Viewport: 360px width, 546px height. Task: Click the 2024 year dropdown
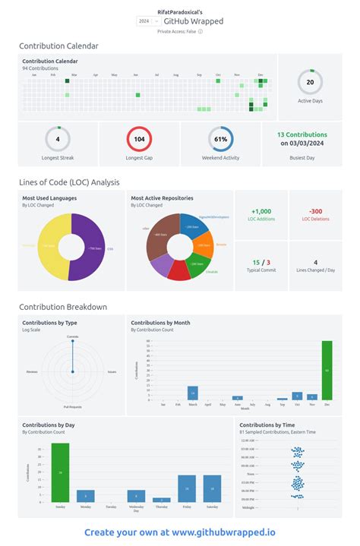pyautogui.click(x=144, y=22)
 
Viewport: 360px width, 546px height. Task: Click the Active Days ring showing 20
pyautogui.click(x=310, y=81)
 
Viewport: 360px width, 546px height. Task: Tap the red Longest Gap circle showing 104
pyautogui.click(x=139, y=140)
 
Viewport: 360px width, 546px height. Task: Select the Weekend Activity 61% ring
pyautogui.click(x=221, y=140)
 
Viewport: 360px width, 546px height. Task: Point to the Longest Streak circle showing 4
pyautogui.click(x=58, y=140)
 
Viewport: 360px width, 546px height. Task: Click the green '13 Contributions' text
pyautogui.click(x=302, y=134)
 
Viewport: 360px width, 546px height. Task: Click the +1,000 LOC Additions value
pyautogui.click(x=261, y=212)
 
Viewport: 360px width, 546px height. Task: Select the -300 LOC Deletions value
pyautogui.click(x=315, y=212)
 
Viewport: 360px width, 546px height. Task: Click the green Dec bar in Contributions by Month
pyautogui.click(x=327, y=370)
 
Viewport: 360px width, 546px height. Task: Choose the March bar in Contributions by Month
pyautogui.click(x=193, y=393)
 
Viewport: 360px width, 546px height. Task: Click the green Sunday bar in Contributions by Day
pyautogui.click(x=60, y=472)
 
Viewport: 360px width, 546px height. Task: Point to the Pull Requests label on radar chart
pyautogui.click(x=72, y=406)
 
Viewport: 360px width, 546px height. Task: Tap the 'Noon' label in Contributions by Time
pyautogui.click(x=251, y=473)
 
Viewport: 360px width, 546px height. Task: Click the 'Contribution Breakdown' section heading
pyautogui.click(x=63, y=307)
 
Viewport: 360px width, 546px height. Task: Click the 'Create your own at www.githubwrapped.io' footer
pyautogui.click(x=180, y=532)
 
